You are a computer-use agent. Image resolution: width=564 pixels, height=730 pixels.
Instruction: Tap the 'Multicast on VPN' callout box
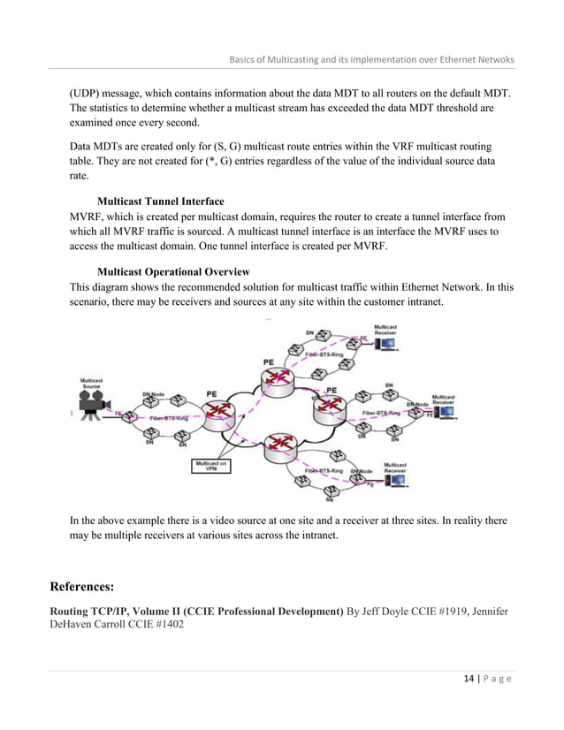coord(211,465)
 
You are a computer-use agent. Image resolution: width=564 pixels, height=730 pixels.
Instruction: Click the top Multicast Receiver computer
coord(385,343)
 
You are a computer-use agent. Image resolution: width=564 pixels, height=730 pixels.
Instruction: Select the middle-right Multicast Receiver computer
coord(444,412)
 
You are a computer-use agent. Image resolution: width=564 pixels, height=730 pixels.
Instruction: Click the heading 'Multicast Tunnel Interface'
coord(159,202)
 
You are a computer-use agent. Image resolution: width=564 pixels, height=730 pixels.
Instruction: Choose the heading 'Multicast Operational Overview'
coord(173,270)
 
